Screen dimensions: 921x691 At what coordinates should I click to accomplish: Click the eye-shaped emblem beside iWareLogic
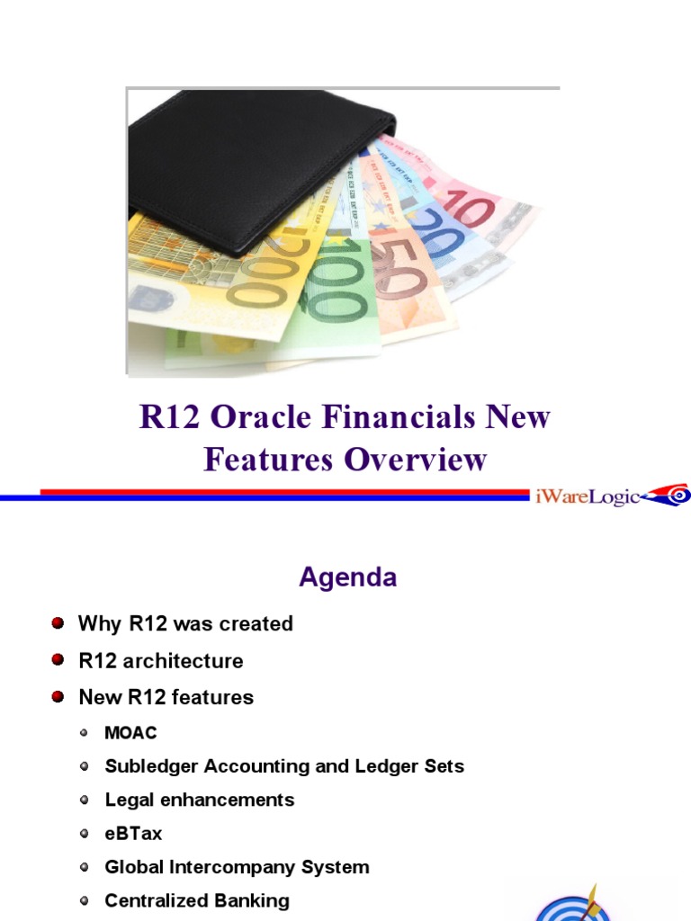(670, 494)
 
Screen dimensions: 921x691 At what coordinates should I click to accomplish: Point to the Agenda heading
(347, 577)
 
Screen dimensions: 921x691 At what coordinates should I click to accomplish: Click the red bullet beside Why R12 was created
(58, 623)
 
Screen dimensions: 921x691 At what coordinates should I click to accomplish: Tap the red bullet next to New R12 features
(58, 697)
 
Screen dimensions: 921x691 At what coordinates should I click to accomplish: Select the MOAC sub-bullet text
(130, 733)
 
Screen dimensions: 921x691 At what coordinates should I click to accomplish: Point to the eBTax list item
(133, 834)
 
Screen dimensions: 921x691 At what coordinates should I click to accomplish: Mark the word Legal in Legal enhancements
(127, 800)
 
